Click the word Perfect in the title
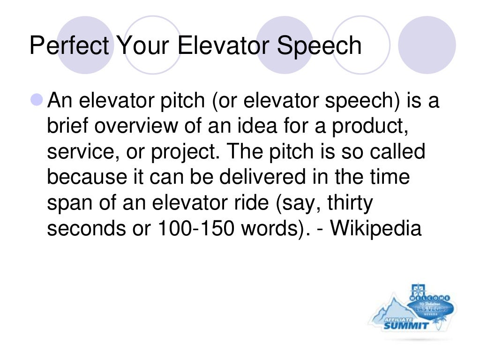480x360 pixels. click(x=69, y=46)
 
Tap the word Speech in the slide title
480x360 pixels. click(x=320, y=46)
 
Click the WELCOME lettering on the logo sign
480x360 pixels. click(x=429, y=298)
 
